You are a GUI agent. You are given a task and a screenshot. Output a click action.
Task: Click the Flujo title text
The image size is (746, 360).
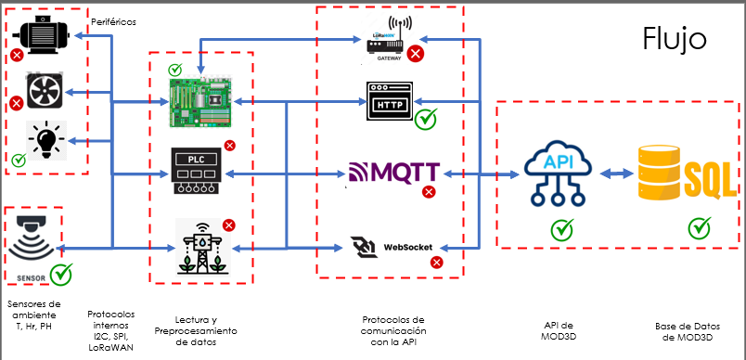click(x=675, y=39)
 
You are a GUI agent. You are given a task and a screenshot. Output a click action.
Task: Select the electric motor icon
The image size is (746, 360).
click(x=44, y=33)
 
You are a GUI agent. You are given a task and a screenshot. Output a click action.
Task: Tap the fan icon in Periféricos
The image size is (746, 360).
click(x=45, y=91)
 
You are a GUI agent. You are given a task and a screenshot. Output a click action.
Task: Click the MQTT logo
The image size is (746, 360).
click(x=393, y=173)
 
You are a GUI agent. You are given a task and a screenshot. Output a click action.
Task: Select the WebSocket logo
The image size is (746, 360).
click(x=390, y=247)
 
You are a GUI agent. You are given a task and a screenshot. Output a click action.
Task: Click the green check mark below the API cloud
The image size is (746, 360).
click(x=561, y=228)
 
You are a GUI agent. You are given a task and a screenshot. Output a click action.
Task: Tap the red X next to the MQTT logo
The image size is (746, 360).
click(x=429, y=192)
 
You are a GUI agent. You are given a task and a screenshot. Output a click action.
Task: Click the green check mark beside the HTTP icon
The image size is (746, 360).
click(x=427, y=119)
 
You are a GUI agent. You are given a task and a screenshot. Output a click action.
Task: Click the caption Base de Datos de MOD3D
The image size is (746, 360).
click(x=686, y=330)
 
